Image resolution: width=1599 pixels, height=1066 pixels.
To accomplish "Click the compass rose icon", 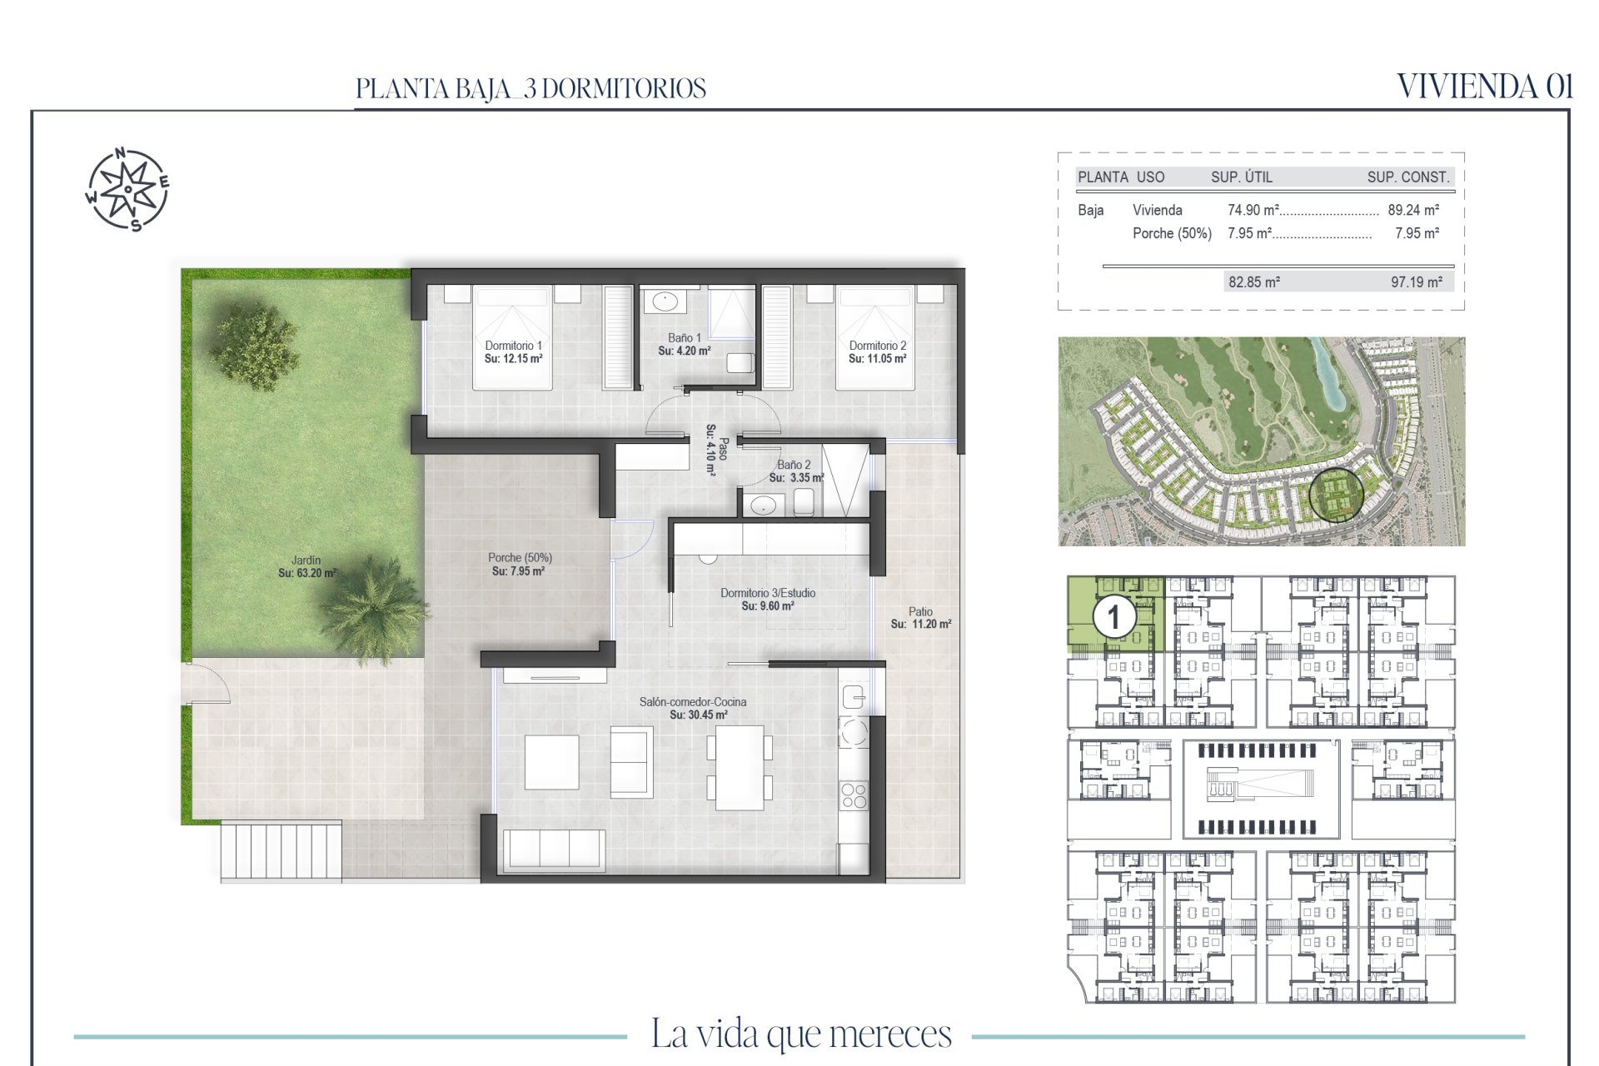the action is pyautogui.click(x=127, y=189).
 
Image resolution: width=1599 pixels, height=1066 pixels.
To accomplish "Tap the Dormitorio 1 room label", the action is pyautogui.click(x=513, y=352).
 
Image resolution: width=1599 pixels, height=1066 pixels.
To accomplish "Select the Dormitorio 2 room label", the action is pyautogui.click(x=878, y=352).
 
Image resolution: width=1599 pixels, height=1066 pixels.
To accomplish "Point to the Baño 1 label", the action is pyautogui.click(x=685, y=344).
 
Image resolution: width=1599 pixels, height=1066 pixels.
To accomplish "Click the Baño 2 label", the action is pyautogui.click(x=796, y=471).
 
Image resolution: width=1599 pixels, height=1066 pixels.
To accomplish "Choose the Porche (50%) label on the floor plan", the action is pyautogui.click(x=520, y=565).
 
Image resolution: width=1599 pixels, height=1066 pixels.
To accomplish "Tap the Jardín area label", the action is pyautogui.click(x=306, y=566).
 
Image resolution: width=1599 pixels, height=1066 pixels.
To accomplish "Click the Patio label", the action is pyautogui.click(x=920, y=617).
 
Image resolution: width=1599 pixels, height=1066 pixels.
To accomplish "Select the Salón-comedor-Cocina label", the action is pyautogui.click(x=693, y=708).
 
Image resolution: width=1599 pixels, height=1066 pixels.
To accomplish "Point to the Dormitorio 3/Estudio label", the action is pyautogui.click(x=768, y=600).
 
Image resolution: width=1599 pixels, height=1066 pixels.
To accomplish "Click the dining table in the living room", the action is pyautogui.click(x=740, y=768).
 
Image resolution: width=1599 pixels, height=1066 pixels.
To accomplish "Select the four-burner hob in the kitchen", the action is pyautogui.click(x=854, y=795).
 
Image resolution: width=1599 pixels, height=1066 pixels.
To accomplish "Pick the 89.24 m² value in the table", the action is pyautogui.click(x=1413, y=210).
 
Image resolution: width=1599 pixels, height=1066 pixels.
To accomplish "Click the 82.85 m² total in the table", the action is pyautogui.click(x=1254, y=282).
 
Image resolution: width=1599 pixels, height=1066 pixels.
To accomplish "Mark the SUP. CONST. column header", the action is pyautogui.click(x=1408, y=177).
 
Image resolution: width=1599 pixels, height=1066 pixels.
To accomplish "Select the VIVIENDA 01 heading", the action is pyautogui.click(x=1485, y=87).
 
